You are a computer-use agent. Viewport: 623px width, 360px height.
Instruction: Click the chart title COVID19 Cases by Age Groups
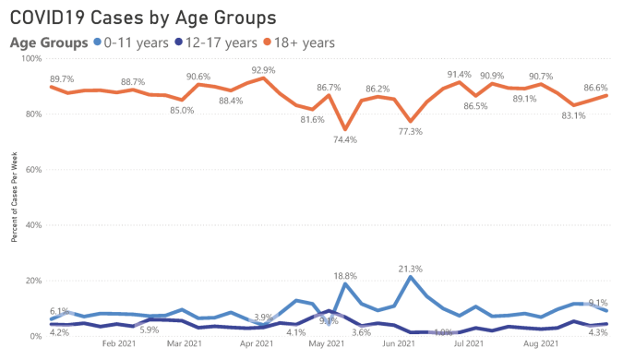(x=142, y=18)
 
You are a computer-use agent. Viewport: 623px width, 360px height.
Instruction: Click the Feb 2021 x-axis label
(x=121, y=344)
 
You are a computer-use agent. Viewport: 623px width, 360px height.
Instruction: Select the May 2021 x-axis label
(x=328, y=344)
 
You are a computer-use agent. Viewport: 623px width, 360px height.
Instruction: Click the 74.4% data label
(x=345, y=140)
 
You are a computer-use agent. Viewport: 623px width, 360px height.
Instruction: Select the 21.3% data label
(x=410, y=269)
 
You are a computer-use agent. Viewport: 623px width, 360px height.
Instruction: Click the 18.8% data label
(x=345, y=276)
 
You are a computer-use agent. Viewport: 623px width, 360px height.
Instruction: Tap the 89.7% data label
(x=63, y=79)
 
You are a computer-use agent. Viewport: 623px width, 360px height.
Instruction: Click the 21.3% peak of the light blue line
(x=410, y=277)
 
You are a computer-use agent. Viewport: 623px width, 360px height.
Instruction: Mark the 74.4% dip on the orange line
(x=345, y=129)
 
